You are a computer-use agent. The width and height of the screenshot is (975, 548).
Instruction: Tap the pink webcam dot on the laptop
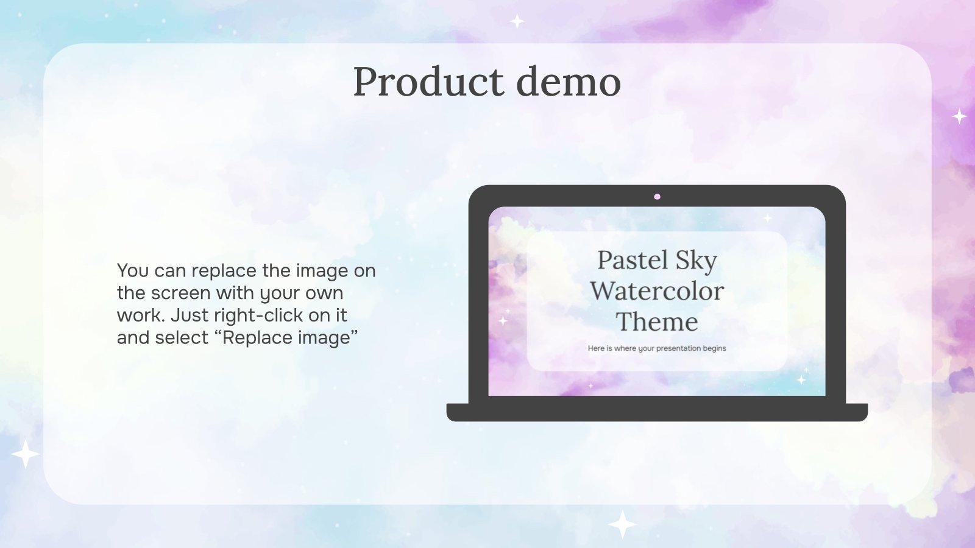[657, 197]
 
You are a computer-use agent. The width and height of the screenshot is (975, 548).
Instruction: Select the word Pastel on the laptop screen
[633, 260]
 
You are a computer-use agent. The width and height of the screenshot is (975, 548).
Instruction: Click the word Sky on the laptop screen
[696, 261]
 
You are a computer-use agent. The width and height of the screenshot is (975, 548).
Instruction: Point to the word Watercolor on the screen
[657, 291]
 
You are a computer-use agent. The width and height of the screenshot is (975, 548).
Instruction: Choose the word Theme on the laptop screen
[657, 322]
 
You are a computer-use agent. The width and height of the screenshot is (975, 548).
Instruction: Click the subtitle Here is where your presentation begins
[657, 348]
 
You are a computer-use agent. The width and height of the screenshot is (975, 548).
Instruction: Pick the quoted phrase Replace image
[290, 338]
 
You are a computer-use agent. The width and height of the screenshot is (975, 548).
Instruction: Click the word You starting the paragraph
[132, 270]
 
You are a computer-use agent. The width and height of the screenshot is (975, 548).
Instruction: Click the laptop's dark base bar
[657, 412]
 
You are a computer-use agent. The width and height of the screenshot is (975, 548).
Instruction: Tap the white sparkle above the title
[517, 21]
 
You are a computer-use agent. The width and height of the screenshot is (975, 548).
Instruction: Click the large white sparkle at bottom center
[622, 524]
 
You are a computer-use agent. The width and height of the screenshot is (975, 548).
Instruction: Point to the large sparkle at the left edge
[25, 454]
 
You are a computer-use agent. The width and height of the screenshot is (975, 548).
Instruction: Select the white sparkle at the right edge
[959, 116]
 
